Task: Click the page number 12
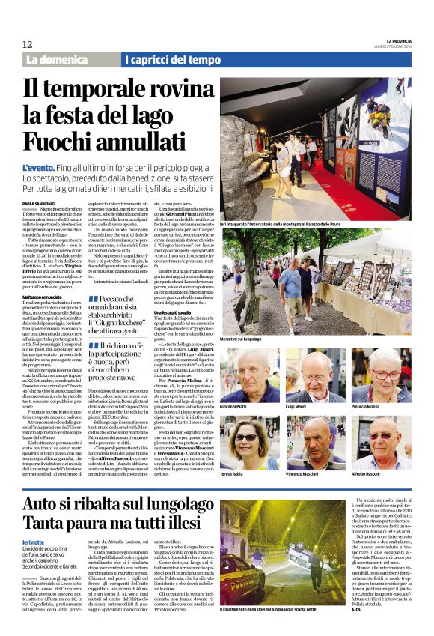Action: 27,45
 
